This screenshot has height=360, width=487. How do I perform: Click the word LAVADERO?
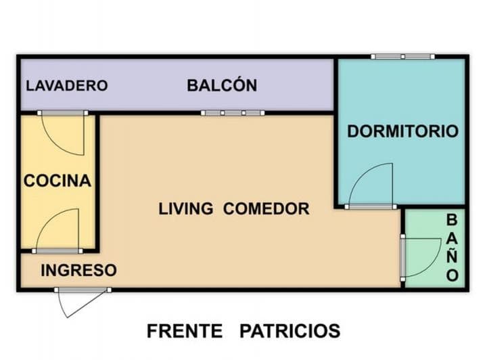pyautogui.click(x=66, y=86)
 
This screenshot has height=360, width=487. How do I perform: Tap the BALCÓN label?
pyautogui.click(x=222, y=86)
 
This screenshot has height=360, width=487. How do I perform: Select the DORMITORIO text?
pyautogui.click(x=402, y=131)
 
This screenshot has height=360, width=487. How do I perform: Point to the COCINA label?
pyautogui.click(x=57, y=181)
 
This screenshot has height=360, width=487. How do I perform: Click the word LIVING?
pyautogui.click(x=185, y=208)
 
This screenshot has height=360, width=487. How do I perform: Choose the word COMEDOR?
pyautogui.click(x=266, y=208)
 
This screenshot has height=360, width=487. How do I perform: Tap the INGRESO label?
pyautogui.click(x=78, y=270)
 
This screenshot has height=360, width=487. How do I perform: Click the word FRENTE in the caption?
pyautogui.click(x=185, y=331)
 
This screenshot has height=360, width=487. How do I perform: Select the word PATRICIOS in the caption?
pyautogui.click(x=289, y=331)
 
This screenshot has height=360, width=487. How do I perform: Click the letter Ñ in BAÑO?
pyautogui.click(x=453, y=256)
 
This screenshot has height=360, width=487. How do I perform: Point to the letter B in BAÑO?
pyautogui.click(x=453, y=219)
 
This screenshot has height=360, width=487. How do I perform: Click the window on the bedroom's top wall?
pyautogui.click(x=402, y=56)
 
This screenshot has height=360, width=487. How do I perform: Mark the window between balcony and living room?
pyautogui.click(x=233, y=112)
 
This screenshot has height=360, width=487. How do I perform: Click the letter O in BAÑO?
pyautogui.click(x=453, y=275)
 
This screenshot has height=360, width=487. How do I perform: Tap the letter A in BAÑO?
pyautogui.click(x=453, y=238)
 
